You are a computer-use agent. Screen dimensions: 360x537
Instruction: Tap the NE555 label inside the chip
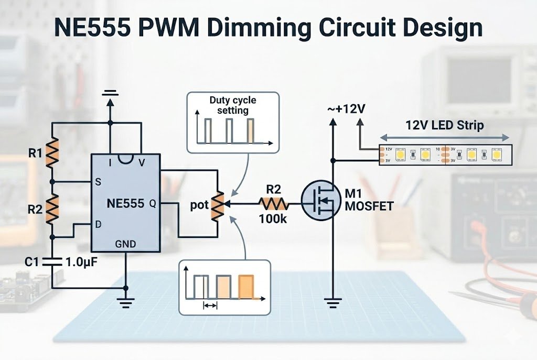(125, 203)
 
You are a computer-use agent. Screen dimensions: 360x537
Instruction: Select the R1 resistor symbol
(52, 152)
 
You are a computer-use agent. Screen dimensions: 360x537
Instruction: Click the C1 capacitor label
(31, 260)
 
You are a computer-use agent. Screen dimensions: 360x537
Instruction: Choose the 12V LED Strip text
(444, 126)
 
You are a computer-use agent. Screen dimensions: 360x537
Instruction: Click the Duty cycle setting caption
(232, 105)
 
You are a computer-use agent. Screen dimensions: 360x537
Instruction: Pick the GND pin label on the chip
(125, 244)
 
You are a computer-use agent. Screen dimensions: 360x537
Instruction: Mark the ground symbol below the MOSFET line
(332, 301)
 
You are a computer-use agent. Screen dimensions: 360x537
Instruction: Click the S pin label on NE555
(98, 182)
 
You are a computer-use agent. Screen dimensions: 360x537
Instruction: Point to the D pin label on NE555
(98, 224)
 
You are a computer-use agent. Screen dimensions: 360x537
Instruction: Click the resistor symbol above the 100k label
(273, 203)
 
